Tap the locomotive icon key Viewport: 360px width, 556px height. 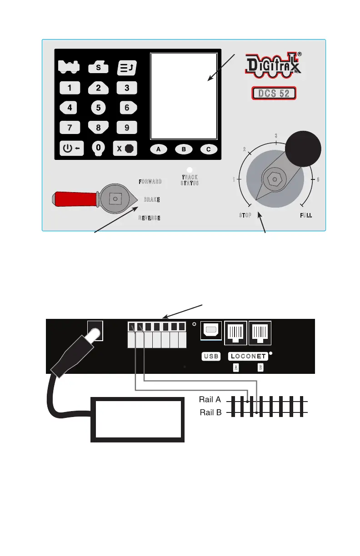(x=69, y=67)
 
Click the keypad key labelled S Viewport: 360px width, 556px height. (x=98, y=67)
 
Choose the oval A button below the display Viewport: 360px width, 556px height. (x=159, y=149)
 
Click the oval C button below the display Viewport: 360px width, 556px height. (x=208, y=149)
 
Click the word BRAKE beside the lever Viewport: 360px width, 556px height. (x=152, y=199)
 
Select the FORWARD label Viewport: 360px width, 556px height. (x=150, y=181)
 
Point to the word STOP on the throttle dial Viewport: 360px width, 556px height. (x=245, y=215)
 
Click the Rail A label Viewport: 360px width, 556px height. (x=210, y=400)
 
